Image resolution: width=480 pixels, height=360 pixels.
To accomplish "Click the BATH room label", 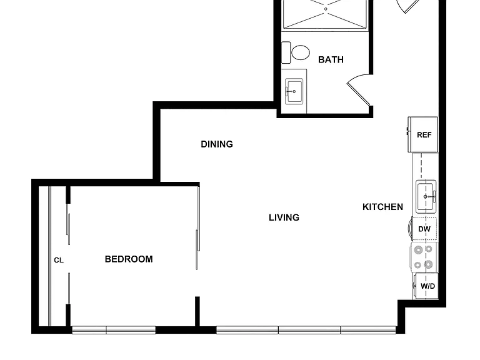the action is pyautogui.click(x=331, y=59).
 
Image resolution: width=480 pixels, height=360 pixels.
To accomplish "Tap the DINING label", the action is pyautogui.click(x=217, y=144).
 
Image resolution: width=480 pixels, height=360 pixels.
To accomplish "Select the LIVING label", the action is pyautogui.click(x=284, y=217).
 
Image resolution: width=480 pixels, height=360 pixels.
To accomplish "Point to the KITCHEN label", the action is pyautogui.click(x=382, y=207).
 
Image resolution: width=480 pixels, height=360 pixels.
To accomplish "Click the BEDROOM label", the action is pyautogui.click(x=129, y=259).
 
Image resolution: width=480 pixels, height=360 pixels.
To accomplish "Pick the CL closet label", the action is pyautogui.click(x=59, y=260).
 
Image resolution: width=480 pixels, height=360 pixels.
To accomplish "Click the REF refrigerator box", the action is pyautogui.click(x=422, y=134).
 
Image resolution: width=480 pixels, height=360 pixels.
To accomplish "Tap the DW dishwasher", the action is pyautogui.click(x=424, y=229).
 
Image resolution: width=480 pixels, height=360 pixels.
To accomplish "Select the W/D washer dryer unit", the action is pyautogui.click(x=426, y=286).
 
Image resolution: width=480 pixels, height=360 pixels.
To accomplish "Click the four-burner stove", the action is pyautogui.click(x=424, y=257).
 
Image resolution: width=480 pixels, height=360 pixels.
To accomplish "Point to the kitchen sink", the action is pyautogui.click(x=426, y=196).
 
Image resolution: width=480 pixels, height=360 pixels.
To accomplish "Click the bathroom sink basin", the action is pyautogui.click(x=294, y=91).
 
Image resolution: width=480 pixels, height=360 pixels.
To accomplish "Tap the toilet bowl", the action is pyautogui.click(x=300, y=52).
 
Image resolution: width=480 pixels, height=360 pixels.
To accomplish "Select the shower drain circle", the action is pyautogui.click(x=326, y=9).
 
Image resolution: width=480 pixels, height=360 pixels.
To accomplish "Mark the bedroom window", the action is pyautogui.click(x=114, y=330).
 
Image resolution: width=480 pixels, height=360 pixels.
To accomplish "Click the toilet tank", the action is pyautogui.click(x=286, y=52).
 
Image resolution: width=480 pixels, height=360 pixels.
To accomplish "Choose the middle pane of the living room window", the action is pyautogui.click(x=309, y=330).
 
